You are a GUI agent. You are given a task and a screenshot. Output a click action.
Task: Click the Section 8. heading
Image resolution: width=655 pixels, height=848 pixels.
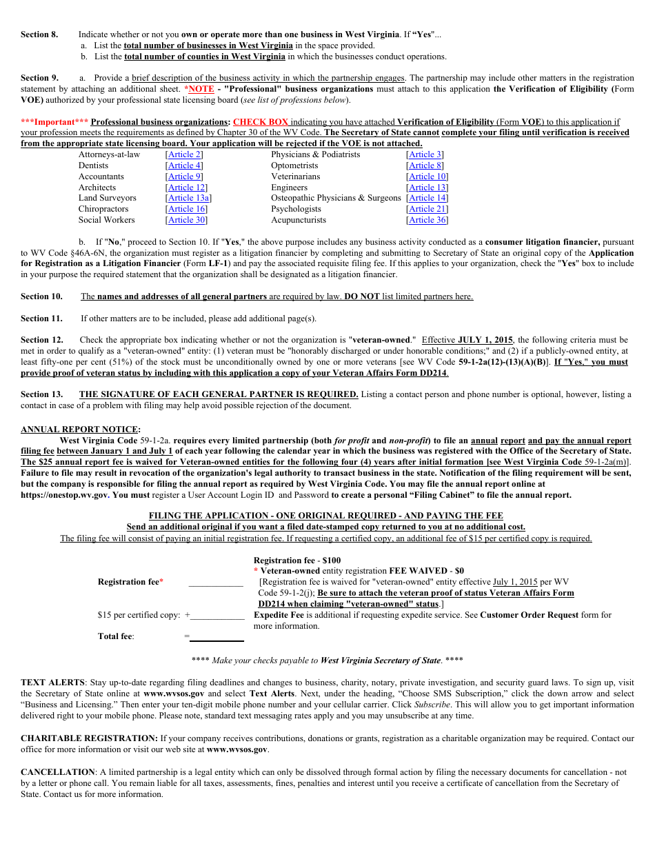pyautogui.click(x=39, y=34)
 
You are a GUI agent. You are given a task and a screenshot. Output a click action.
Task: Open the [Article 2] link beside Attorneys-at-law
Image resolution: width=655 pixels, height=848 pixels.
pyautogui.click(x=184, y=154)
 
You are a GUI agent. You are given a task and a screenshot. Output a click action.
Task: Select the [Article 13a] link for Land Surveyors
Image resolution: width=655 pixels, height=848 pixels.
pyautogui.click(x=188, y=198)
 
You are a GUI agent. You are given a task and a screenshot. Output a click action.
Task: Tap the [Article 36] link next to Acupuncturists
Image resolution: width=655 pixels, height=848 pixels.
pyautogui.click(x=427, y=220)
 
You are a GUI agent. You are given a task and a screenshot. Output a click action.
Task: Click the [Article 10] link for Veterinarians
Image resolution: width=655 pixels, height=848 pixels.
pyautogui.click(x=427, y=176)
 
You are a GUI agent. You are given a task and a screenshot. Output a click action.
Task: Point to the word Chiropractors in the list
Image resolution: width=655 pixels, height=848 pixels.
pyautogui.click(x=103, y=209)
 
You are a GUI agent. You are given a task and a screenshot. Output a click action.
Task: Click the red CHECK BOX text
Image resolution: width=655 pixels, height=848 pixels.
pyautogui.click(x=260, y=122)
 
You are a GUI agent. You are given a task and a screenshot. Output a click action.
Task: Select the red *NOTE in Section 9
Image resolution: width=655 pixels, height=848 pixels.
pyautogui.click(x=199, y=89)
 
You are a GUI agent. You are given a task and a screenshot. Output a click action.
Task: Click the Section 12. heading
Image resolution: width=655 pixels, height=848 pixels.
pyautogui.click(x=41, y=340)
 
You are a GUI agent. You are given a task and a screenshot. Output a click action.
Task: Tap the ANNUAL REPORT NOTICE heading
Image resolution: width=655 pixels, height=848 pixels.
pyautogui.click(x=81, y=430)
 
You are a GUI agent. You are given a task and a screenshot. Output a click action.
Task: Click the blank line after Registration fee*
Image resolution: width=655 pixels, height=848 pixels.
pyautogui.click(x=216, y=582)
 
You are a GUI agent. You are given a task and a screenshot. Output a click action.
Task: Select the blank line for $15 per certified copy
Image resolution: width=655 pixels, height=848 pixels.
pyautogui.click(x=218, y=615)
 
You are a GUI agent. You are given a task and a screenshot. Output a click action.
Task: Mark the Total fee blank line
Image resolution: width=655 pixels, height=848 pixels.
pyautogui.click(x=216, y=636)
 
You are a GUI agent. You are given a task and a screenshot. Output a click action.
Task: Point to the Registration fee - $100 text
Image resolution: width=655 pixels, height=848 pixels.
pyautogui.click(x=297, y=561)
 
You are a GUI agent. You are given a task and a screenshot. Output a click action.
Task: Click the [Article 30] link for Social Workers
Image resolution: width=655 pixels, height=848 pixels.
pyautogui.click(x=186, y=220)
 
